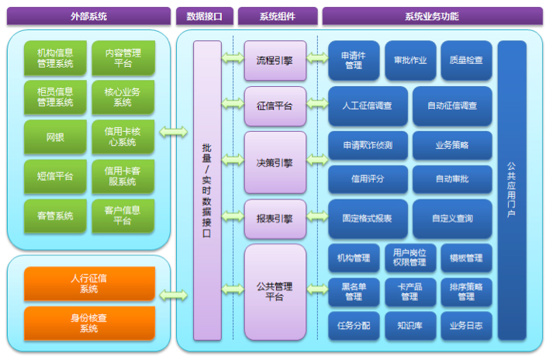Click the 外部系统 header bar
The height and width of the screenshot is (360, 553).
[x=89, y=16]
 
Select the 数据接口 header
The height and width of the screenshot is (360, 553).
[x=204, y=16]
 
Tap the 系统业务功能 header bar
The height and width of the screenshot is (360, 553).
[x=431, y=16]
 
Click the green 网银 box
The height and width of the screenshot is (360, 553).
[x=55, y=137]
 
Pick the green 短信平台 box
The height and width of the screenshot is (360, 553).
[x=55, y=176]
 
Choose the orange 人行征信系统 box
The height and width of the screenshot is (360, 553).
[x=89, y=283]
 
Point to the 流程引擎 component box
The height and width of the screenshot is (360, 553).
[x=275, y=60]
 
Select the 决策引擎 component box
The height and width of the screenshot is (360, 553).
[x=275, y=162]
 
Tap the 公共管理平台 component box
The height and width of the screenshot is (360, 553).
[x=275, y=291]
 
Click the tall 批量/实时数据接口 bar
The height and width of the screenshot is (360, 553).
[x=207, y=190]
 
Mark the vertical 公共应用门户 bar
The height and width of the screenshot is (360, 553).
[x=512, y=190]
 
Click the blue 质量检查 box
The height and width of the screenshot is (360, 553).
[x=465, y=60]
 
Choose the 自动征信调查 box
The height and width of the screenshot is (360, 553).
[x=452, y=106]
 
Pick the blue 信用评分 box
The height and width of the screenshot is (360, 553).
[x=367, y=179]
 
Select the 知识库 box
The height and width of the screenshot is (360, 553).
[x=410, y=326]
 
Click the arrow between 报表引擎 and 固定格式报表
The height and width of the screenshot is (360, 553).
[x=316, y=220]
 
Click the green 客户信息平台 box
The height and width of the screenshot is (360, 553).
[x=123, y=215]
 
